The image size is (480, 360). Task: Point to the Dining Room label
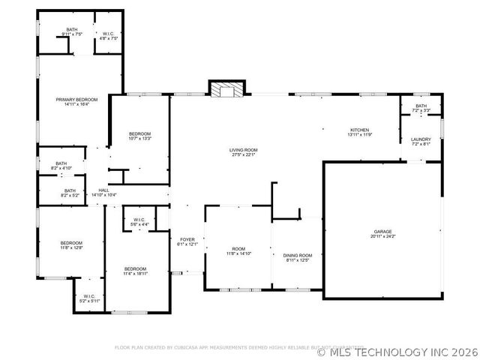[x=298, y=258]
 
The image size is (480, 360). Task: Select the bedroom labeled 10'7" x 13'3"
[x=139, y=136]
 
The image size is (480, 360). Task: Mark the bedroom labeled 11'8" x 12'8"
[x=71, y=244]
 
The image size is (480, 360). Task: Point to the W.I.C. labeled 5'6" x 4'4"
[x=139, y=222]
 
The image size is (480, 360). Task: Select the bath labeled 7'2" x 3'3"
[x=421, y=108]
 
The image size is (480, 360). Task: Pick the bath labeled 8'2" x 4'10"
[x=61, y=166]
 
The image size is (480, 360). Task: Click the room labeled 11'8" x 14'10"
[x=238, y=251]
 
